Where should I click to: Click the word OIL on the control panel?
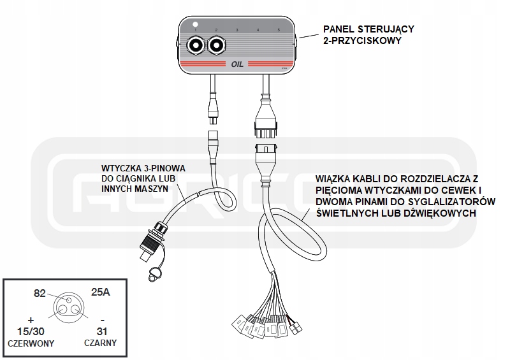click(237, 64)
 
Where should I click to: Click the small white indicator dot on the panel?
click(196, 24)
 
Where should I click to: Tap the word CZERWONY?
click(31, 343)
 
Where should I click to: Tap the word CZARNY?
click(100, 343)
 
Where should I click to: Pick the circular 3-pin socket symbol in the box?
click(69, 306)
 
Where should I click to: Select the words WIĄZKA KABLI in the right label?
click(347, 180)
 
